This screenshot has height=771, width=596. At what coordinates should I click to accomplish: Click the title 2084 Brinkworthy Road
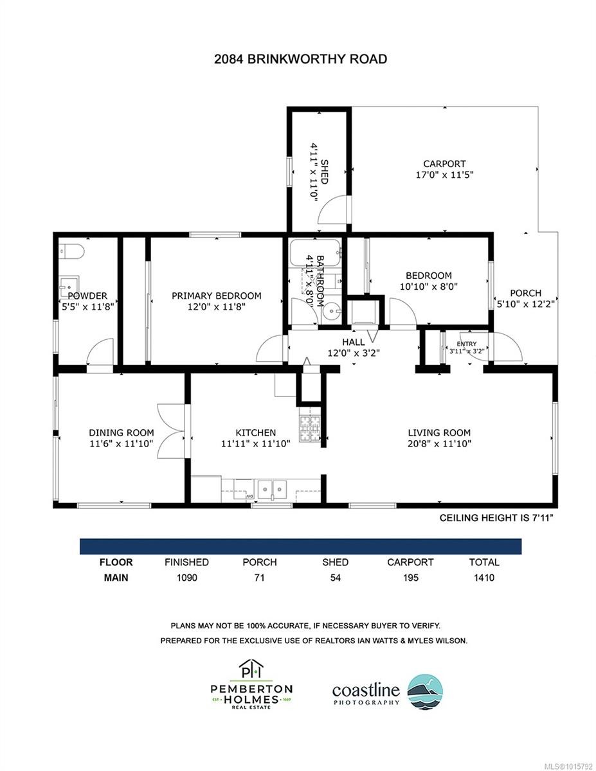click(300, 59)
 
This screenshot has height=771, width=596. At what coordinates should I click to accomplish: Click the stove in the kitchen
click(309, 427)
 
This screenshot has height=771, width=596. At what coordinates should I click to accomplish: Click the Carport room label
click(444, 164)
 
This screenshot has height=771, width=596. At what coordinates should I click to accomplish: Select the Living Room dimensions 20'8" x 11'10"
click(439, 443)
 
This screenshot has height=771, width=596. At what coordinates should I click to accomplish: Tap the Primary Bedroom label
click(216, 296)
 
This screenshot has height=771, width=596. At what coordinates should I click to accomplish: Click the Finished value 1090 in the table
click(186, 578)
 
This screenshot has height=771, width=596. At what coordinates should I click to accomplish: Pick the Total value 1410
click(483, 578)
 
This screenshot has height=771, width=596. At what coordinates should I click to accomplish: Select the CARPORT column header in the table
click(410, 562)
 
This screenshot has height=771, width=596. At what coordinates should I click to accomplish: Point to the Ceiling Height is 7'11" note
click(496, 517)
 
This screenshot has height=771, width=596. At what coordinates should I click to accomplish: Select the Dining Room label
click(121, 432)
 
